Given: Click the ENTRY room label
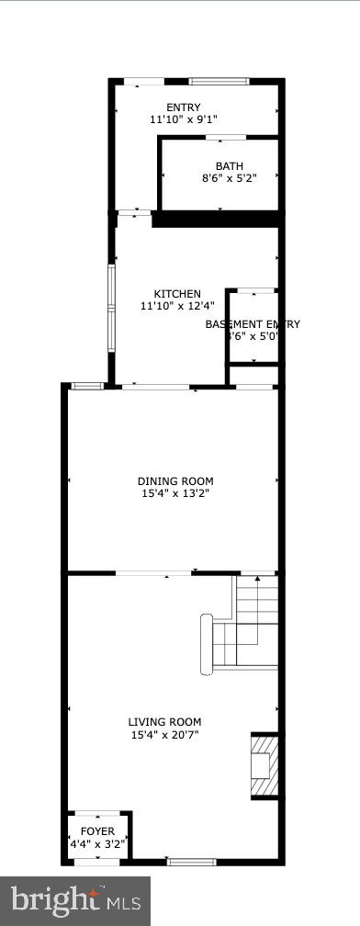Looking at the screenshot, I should [x=183, y=107].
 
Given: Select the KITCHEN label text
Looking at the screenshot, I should [x=177, y=294].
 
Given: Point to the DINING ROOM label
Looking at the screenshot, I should [x=175, y=481].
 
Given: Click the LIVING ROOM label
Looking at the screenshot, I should [x=164, y=722].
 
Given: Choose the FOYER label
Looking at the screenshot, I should [x=97, y=831].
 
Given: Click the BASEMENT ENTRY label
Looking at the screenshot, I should [x=252, y=324].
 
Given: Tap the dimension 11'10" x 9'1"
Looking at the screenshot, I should [x=183, y=119].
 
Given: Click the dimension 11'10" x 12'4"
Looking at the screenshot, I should [x=177, y=306].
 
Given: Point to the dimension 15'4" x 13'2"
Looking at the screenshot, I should [x=175, y=493].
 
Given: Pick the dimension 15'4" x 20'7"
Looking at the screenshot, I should [x=164, y=734].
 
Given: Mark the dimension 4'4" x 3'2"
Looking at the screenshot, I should [x=97, y=843].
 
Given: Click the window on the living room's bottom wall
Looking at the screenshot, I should [x=192, y=862].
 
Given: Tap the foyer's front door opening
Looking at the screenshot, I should [x=97, y=862].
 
